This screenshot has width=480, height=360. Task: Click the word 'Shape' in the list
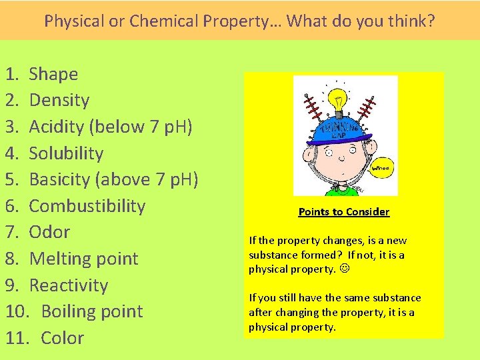tap(53, 74)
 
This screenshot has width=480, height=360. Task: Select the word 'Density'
tap(59, 101)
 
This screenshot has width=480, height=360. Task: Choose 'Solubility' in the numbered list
tap(66, 153)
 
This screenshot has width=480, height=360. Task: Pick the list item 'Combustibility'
tap(87, 206)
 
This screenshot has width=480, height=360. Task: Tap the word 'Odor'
tap(49, 232)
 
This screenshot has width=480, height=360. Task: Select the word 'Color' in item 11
tap(62, 338)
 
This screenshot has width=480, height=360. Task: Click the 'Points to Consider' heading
tap(343, 212)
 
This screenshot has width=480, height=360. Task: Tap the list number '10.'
tap(18, 311)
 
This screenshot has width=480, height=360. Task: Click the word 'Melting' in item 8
tap(57, 259)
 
